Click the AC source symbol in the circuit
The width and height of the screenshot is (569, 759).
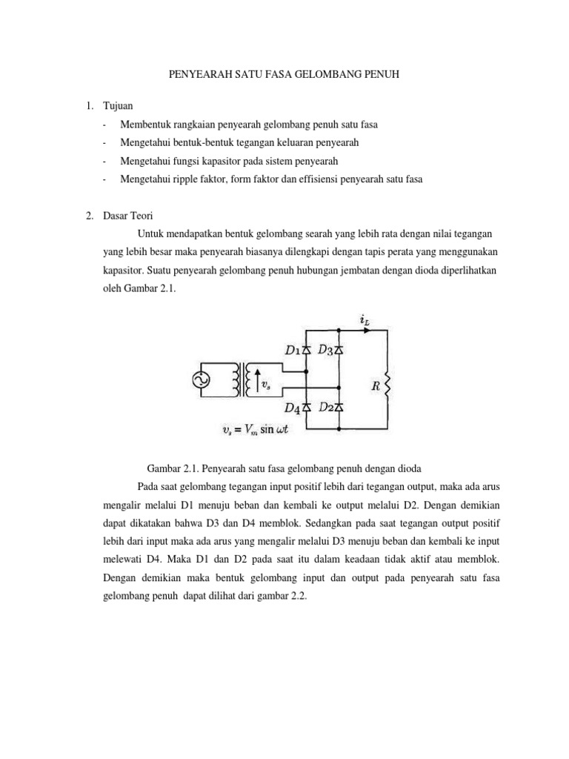click(x=201, y=380)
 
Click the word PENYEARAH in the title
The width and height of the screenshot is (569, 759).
click(x=193, y=76)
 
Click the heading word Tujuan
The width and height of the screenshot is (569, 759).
click(x=118, y=107)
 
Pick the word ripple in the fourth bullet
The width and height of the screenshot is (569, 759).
click(x=182, y=179)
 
